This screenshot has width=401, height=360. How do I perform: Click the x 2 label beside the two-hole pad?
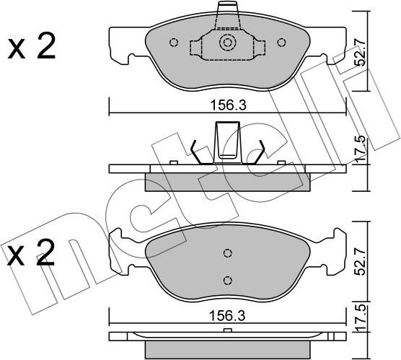point(31,255)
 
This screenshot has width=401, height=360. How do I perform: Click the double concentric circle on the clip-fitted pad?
point(228,43)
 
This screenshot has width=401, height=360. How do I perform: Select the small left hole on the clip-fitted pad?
point(173,43)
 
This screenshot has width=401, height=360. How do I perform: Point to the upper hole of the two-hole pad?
point(227,253)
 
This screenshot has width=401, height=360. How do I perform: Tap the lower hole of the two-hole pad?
point(227,280)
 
